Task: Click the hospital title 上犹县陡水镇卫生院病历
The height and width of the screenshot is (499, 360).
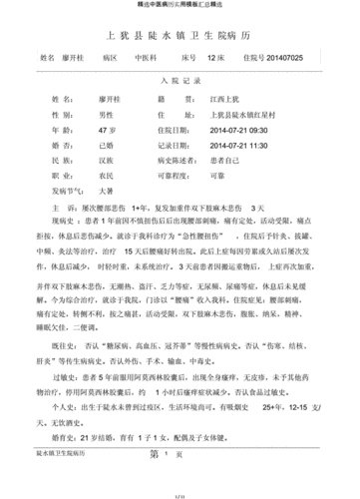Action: click(x=180, y=36)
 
